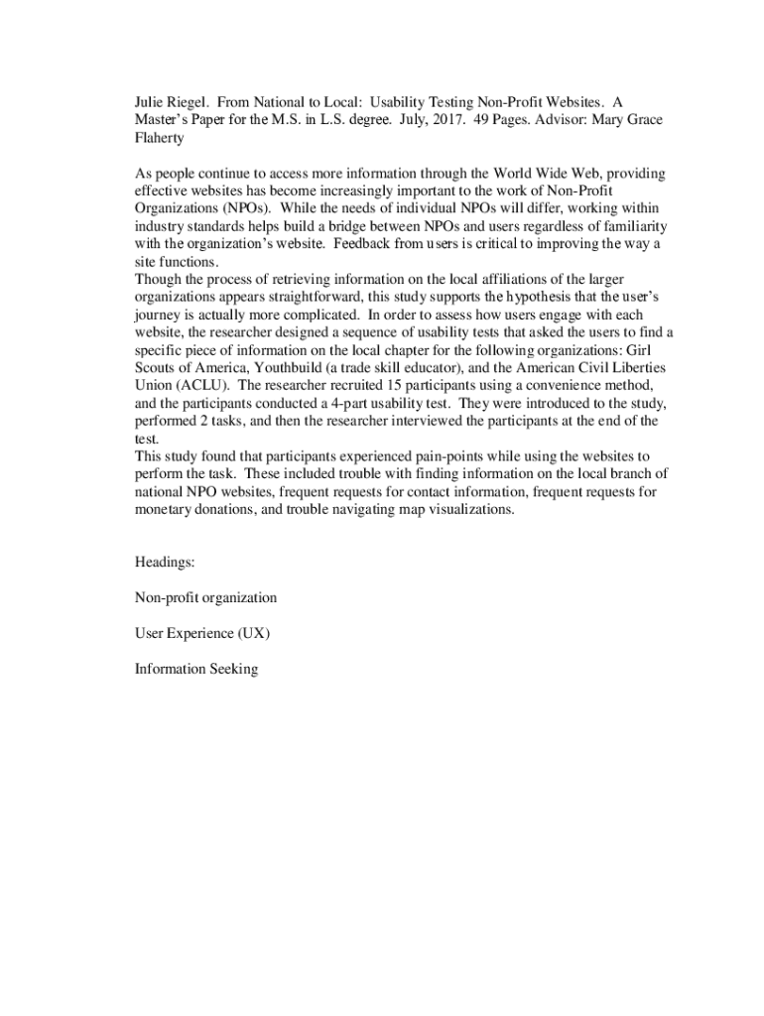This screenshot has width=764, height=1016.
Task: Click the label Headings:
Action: [x=165, y=563]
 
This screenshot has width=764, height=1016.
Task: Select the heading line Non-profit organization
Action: [x=205, y=598]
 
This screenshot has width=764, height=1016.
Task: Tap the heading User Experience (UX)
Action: [x=202, y=633]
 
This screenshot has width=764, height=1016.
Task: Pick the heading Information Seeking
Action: [x=196, y=669]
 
